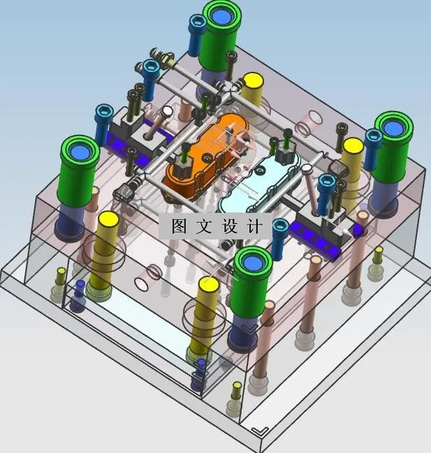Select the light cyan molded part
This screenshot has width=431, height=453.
click(260, 185)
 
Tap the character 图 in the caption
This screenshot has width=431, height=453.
click(180, 226)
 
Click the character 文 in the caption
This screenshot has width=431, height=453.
click(205, 226)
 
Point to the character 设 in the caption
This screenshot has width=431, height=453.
click(230, 226)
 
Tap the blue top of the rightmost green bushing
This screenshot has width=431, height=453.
click(394, 128)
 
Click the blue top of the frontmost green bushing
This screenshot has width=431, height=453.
click(253, 263)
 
